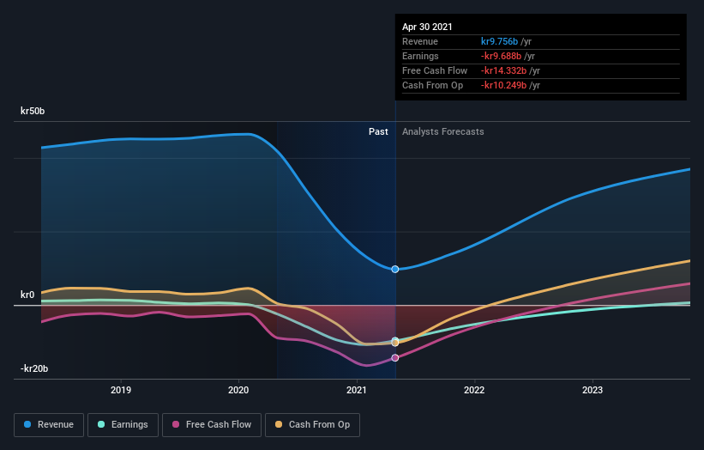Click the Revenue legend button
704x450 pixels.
50,424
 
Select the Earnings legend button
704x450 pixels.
123,424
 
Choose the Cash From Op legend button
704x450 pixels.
314,424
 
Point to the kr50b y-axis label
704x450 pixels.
33,111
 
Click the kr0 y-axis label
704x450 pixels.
27,295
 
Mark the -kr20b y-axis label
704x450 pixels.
34,368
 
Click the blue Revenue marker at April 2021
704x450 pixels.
395,269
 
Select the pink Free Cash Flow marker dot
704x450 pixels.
395,358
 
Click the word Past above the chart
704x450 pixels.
378,132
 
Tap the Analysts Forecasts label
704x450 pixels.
442,132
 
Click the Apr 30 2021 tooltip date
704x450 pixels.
427,27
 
